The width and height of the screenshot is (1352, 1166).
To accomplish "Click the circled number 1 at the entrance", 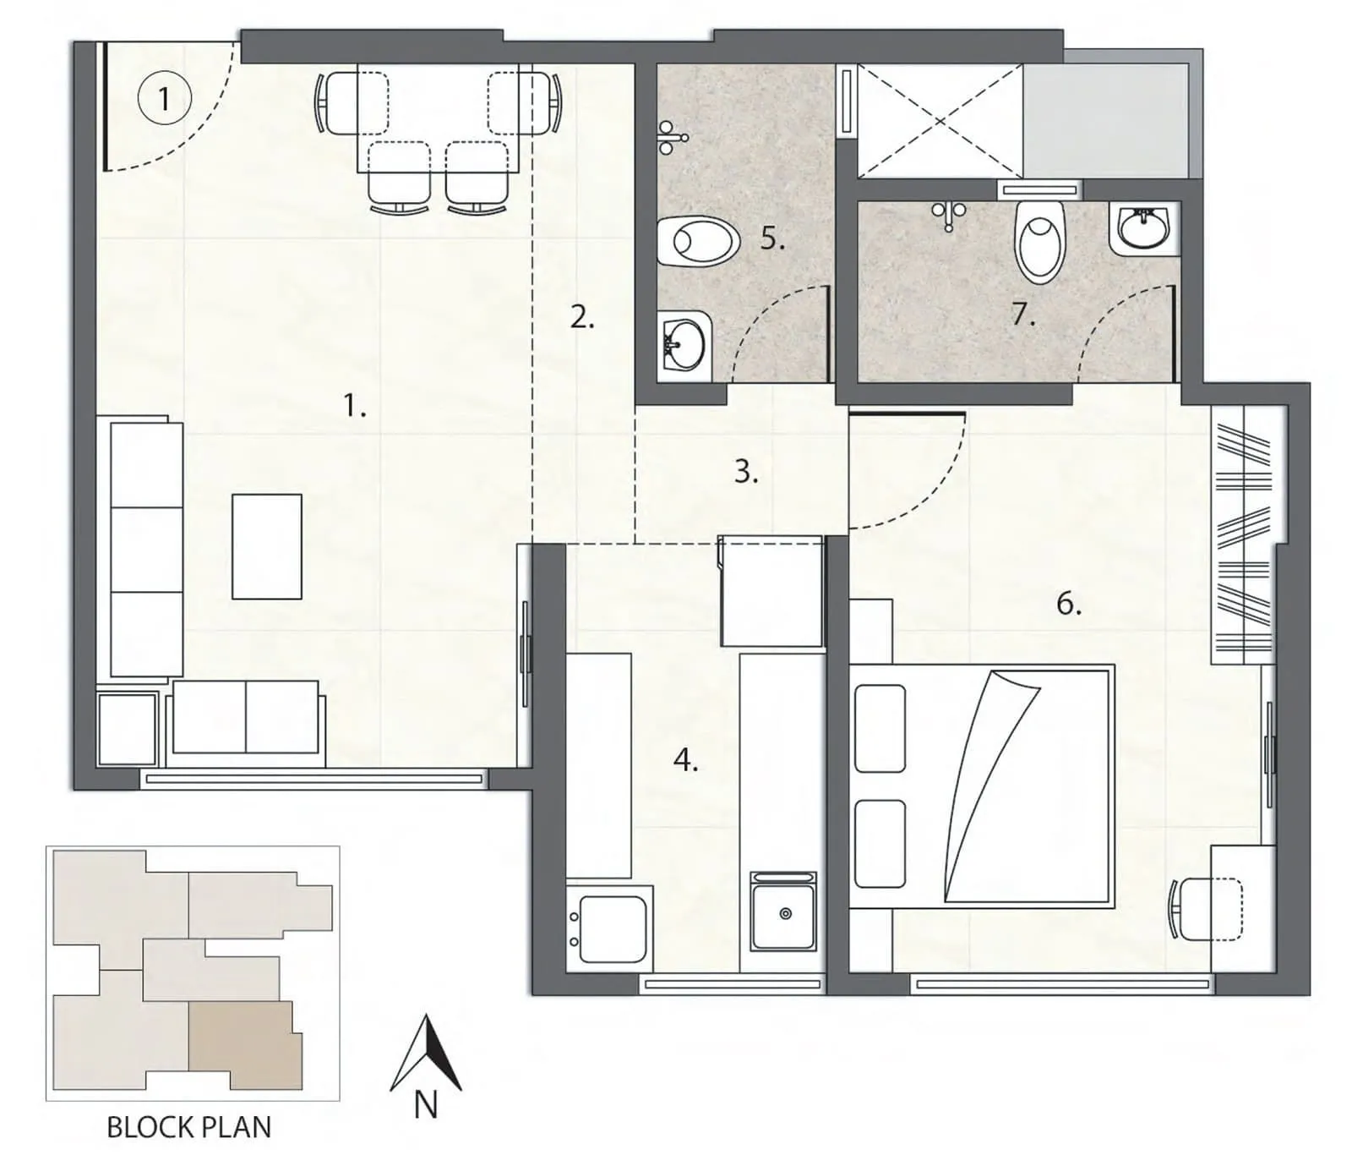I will pyautogui.click(x=164, y=99).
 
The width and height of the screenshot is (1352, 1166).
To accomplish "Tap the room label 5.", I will pyautogui.click(x=771, y=238).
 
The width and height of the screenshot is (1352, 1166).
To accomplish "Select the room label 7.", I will pyautogui.click(x=1022, y=315).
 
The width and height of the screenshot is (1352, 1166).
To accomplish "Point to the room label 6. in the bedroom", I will pyautogui.click(x=1068, y=604).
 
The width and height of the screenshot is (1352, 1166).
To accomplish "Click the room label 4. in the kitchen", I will pyautogui.click(x=685, y=761).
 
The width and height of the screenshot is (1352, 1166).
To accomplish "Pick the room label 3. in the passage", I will pyautogui.click(x=745, y=471).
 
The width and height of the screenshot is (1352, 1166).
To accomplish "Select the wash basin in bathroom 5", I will pyautogui.click(x=683, y=345).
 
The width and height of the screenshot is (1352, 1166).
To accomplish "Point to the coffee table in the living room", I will pyautogui.click(x=267, y=547).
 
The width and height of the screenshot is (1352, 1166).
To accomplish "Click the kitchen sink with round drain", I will pyautogui.click(x=783, y=915).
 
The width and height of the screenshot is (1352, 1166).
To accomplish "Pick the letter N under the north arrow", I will pyautogui.click(x=426, y=1105).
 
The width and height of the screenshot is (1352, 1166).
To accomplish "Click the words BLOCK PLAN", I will pyautogui.click(x=189, y=1127).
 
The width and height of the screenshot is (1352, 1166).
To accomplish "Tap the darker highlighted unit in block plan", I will pyautogui.click(x=243, y=1046).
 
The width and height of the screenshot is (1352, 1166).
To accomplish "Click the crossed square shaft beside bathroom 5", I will pyautogui.click(x=940, y=121).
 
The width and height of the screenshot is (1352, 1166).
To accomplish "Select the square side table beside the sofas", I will pyautogui.click(x=128, y=728).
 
